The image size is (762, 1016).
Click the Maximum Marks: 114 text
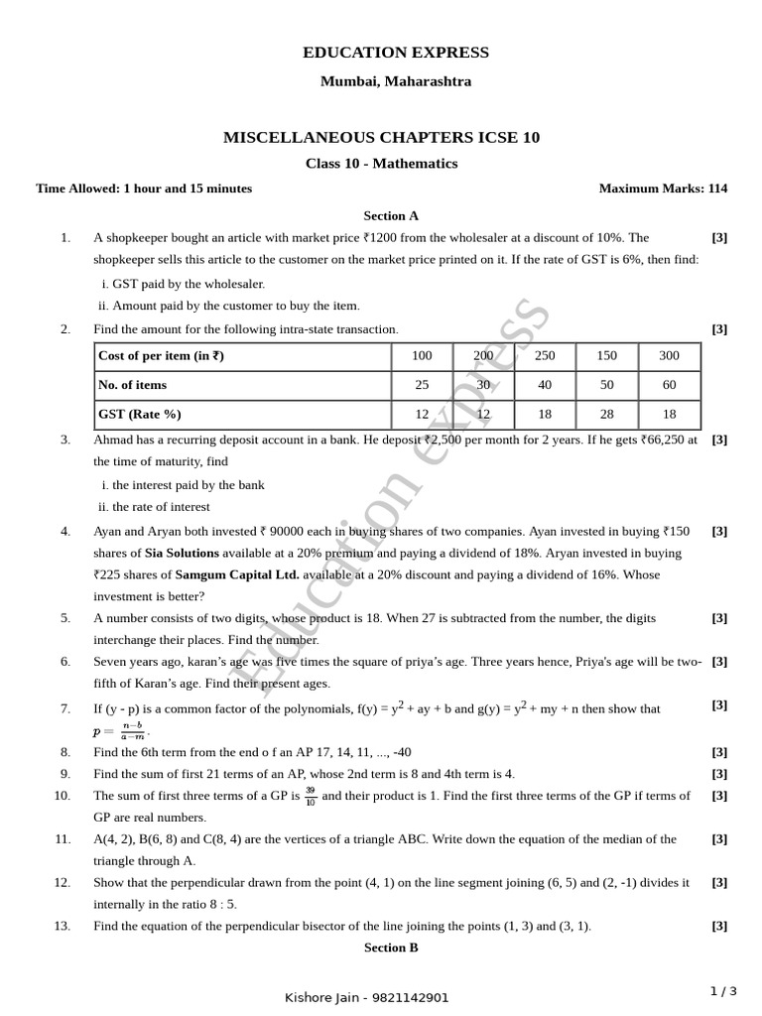(663, 189)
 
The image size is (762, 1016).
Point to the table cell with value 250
(545, 356)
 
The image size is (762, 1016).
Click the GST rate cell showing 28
(607, 414)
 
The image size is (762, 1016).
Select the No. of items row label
(132, 385)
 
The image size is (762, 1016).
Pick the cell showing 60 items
(669, 385)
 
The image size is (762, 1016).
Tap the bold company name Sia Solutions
(175, 553)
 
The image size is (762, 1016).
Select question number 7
(64, 708)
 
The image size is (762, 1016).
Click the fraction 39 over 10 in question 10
(311, 795)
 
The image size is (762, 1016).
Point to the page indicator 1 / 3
(724, 990)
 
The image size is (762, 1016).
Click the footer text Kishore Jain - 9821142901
(366, 997)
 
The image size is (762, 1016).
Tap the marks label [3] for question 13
(719, 926)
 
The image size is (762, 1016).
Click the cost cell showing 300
(669, 356)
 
